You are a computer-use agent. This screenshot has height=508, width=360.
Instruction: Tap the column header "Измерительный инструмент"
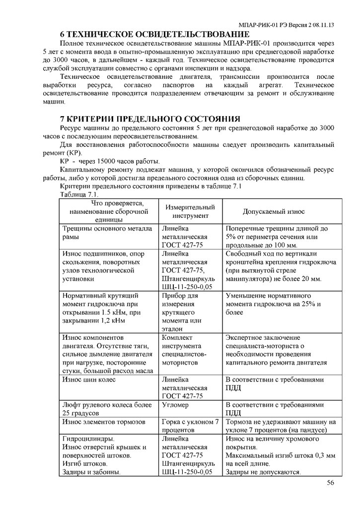[187, 212]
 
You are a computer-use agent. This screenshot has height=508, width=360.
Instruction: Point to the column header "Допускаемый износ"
[274, 212]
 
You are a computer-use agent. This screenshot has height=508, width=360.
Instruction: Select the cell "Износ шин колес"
[89, 380]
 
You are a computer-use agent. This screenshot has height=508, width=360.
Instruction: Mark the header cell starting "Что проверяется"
[106, 211]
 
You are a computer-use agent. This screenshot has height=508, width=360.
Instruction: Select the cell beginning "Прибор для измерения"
[181, 312]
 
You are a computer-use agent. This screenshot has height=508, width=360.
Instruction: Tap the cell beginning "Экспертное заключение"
[276, 350]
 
